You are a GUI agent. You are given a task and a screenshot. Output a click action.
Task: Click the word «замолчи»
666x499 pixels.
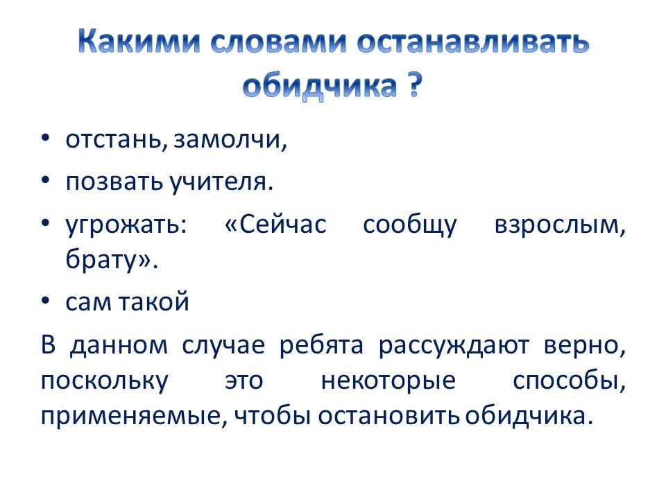228,139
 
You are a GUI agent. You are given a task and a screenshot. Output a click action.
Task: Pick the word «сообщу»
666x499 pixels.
409,225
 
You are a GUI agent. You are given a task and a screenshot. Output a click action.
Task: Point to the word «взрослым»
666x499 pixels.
557,225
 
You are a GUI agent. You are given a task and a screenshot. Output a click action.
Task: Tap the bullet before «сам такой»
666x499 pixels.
46,300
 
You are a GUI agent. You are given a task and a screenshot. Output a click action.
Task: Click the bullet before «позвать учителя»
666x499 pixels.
46,180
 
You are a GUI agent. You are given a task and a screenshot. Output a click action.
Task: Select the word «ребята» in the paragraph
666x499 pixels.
321,345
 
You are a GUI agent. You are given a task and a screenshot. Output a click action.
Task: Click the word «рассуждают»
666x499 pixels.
454,346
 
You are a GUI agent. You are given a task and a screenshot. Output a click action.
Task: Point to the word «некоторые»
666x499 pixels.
388,380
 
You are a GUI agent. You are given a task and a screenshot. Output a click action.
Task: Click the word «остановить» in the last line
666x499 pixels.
389,416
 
